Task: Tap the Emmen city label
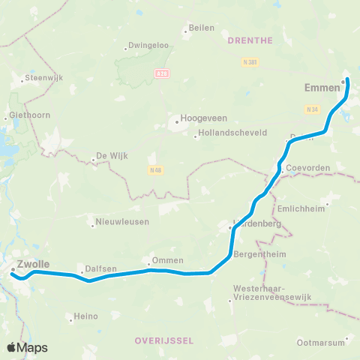point(322,88)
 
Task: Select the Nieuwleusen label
point(122,222)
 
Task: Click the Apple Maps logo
point(28,347)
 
